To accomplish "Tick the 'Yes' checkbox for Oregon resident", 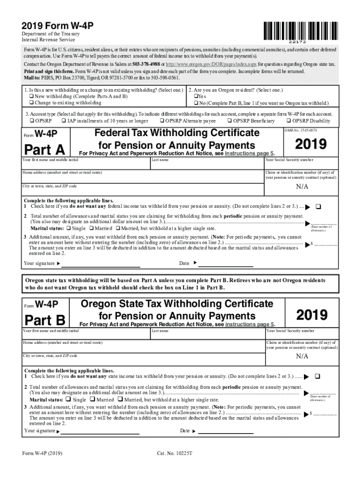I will (x=196, y=96).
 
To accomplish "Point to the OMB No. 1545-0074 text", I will (x=301, y=130).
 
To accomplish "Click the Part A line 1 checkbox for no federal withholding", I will (x=318, y=206).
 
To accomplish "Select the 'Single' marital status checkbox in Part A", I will (x=69, y=228).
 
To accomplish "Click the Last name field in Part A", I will (x=206, y=165).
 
